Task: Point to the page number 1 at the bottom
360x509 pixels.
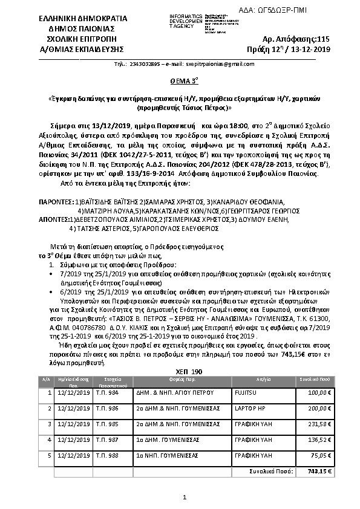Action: point(185,497)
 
